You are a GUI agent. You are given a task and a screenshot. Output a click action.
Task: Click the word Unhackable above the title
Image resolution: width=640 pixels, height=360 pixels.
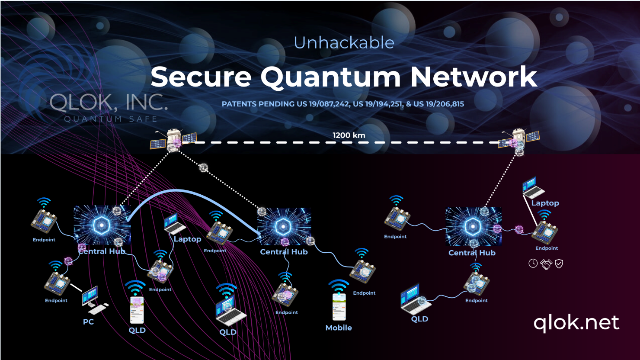coord(344,43)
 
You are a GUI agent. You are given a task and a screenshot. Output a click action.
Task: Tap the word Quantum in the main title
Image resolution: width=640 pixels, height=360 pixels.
coord(331,77)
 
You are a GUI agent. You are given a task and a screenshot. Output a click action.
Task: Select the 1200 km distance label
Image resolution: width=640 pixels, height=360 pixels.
coord(349,135)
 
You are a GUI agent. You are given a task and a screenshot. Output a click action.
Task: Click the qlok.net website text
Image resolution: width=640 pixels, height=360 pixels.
coord(576,322)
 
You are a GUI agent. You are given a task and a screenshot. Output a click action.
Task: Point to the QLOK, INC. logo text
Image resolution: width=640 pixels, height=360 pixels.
coord(109,103)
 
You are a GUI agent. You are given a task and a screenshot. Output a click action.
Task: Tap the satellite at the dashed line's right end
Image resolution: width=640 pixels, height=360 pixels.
coord(519,139)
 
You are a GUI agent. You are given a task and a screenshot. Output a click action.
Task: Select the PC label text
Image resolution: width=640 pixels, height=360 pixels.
coord(88,322)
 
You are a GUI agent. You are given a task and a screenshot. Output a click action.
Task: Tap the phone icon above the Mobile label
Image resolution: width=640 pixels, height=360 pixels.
coord(339,306)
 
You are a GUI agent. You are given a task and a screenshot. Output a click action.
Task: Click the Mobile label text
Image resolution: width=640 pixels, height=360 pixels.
coord(339,328)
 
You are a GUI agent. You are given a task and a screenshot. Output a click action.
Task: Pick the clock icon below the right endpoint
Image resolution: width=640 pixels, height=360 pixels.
coord(533,264)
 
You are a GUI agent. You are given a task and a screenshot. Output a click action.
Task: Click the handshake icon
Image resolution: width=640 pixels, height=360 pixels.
coord(546,264)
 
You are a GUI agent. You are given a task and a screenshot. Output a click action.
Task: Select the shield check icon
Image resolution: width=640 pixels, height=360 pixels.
coord(559,264)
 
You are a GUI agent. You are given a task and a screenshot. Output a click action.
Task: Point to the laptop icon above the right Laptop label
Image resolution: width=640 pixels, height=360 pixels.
coord(532,187)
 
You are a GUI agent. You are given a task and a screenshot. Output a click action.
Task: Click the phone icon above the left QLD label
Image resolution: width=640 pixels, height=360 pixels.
coord(137,309)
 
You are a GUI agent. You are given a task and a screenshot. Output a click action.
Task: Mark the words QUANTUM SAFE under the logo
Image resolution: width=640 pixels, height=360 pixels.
coord(111,119)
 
